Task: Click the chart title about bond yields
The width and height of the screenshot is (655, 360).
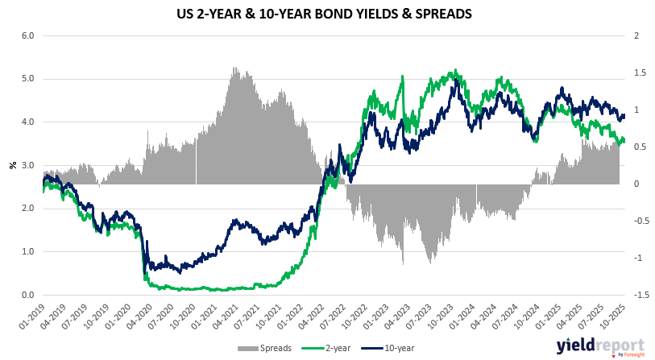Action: (x=327, y=14)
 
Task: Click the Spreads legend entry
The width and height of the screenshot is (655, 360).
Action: (x=257, y=347)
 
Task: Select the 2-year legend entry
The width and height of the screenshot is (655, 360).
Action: (x=321, y=347)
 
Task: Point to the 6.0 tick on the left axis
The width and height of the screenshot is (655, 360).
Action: (x=27, y=36)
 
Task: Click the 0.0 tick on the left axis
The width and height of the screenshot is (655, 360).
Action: (x=27, y=295)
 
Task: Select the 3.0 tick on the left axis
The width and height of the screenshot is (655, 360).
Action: (x=27, y=165)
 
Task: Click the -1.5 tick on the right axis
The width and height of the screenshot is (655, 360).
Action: (x=636, y=295)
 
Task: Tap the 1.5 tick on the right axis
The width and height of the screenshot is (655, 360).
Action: (x=636, y=73)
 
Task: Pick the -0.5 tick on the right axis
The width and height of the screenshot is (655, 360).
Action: (x=636, y=221)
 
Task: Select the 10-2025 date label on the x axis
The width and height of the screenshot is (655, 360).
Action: (x=614, y=316)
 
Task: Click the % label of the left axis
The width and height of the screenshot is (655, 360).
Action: (x=12, y=165)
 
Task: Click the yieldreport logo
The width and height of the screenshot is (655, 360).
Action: (x=592, y=346)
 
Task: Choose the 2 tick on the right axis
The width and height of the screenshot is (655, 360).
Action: (x=636, y=36)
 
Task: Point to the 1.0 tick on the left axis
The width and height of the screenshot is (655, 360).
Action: (x=27, y=251)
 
